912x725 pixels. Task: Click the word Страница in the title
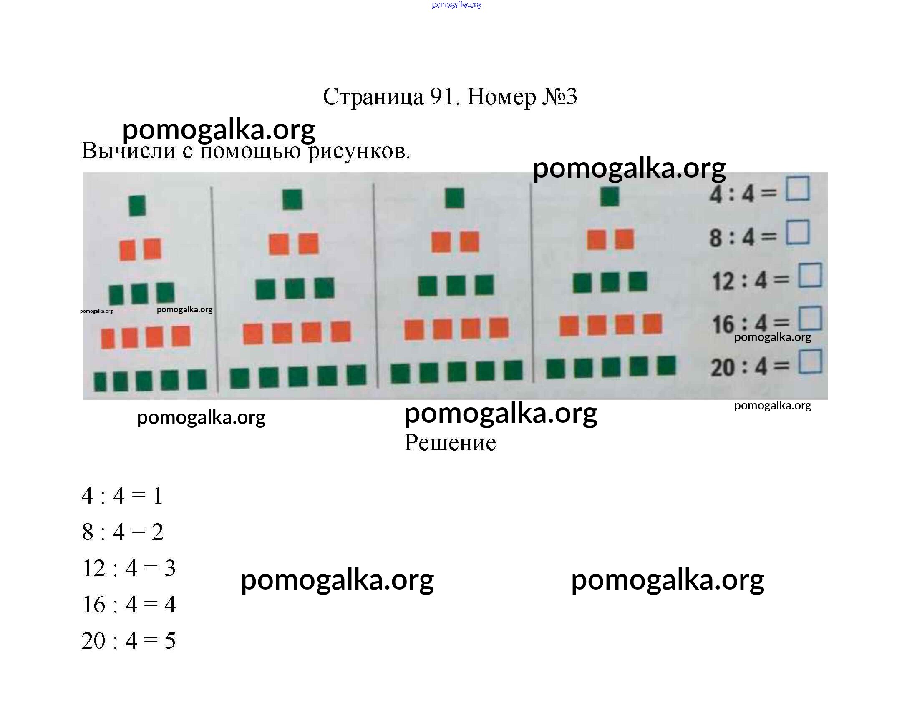point(373,96)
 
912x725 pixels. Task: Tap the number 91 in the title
point(443,96)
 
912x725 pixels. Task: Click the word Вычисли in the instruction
point(128,151)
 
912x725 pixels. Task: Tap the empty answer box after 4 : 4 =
point(798,188)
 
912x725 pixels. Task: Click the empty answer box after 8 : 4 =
point(798,232)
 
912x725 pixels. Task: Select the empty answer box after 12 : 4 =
point(810,275)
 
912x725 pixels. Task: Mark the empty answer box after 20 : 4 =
point(811,361)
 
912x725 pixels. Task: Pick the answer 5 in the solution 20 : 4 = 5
point(170,641)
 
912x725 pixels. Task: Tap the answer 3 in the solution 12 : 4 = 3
point(170,568)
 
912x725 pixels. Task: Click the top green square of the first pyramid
point(138,206)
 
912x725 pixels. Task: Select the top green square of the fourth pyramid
point(610,197)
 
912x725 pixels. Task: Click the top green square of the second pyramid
point(292,200)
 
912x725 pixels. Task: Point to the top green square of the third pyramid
point(455,198)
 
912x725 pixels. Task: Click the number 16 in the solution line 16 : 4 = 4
point(93,605)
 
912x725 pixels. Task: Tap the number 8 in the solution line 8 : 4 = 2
point(88,532)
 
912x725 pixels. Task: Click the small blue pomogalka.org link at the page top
point(456,5)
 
